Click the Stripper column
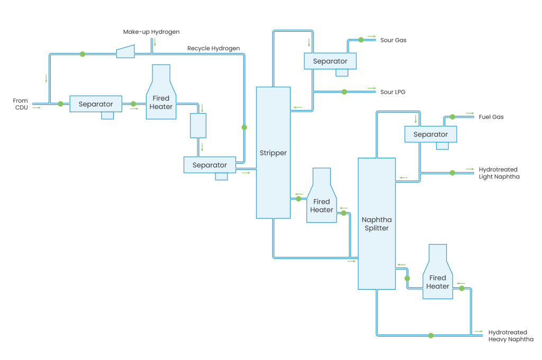273,152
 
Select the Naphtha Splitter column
376,223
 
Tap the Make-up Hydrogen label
151,32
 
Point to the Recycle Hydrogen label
213,49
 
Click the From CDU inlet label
20,104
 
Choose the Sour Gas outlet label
393,40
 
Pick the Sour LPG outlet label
393,92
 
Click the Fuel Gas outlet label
491,117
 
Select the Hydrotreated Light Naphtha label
499,173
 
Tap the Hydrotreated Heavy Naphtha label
510,336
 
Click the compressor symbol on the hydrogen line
125,51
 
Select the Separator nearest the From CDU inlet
96,104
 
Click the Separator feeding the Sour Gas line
330,61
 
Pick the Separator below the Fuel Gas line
431,134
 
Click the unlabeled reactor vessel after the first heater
198,125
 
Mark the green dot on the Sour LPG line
344,92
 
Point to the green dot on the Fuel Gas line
452,117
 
